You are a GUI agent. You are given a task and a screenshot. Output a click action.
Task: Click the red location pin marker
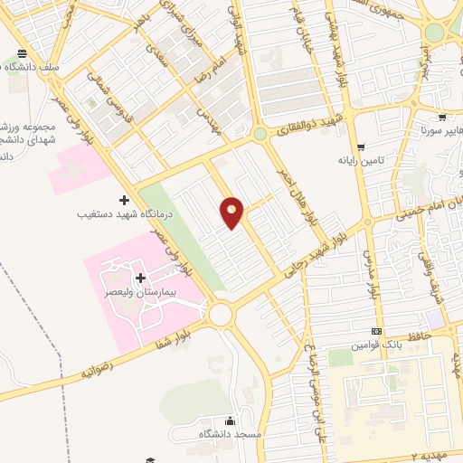point(232,213)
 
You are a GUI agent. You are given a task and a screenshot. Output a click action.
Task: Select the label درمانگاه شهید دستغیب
point(111,215)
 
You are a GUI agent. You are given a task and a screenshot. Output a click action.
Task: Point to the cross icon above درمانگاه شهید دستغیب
point(125,199)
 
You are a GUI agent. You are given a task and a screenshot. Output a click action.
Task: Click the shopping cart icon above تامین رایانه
point(361,146)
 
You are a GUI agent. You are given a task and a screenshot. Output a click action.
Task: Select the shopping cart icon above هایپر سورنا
point(441,118)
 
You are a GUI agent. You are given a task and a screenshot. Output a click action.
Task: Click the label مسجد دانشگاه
point(231,435)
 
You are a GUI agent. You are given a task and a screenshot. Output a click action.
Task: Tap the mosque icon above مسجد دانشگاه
point(230,420)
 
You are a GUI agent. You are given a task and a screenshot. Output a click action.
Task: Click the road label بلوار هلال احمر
point(311,199)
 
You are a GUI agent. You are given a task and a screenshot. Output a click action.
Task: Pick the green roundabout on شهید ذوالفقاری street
point(260,135)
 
